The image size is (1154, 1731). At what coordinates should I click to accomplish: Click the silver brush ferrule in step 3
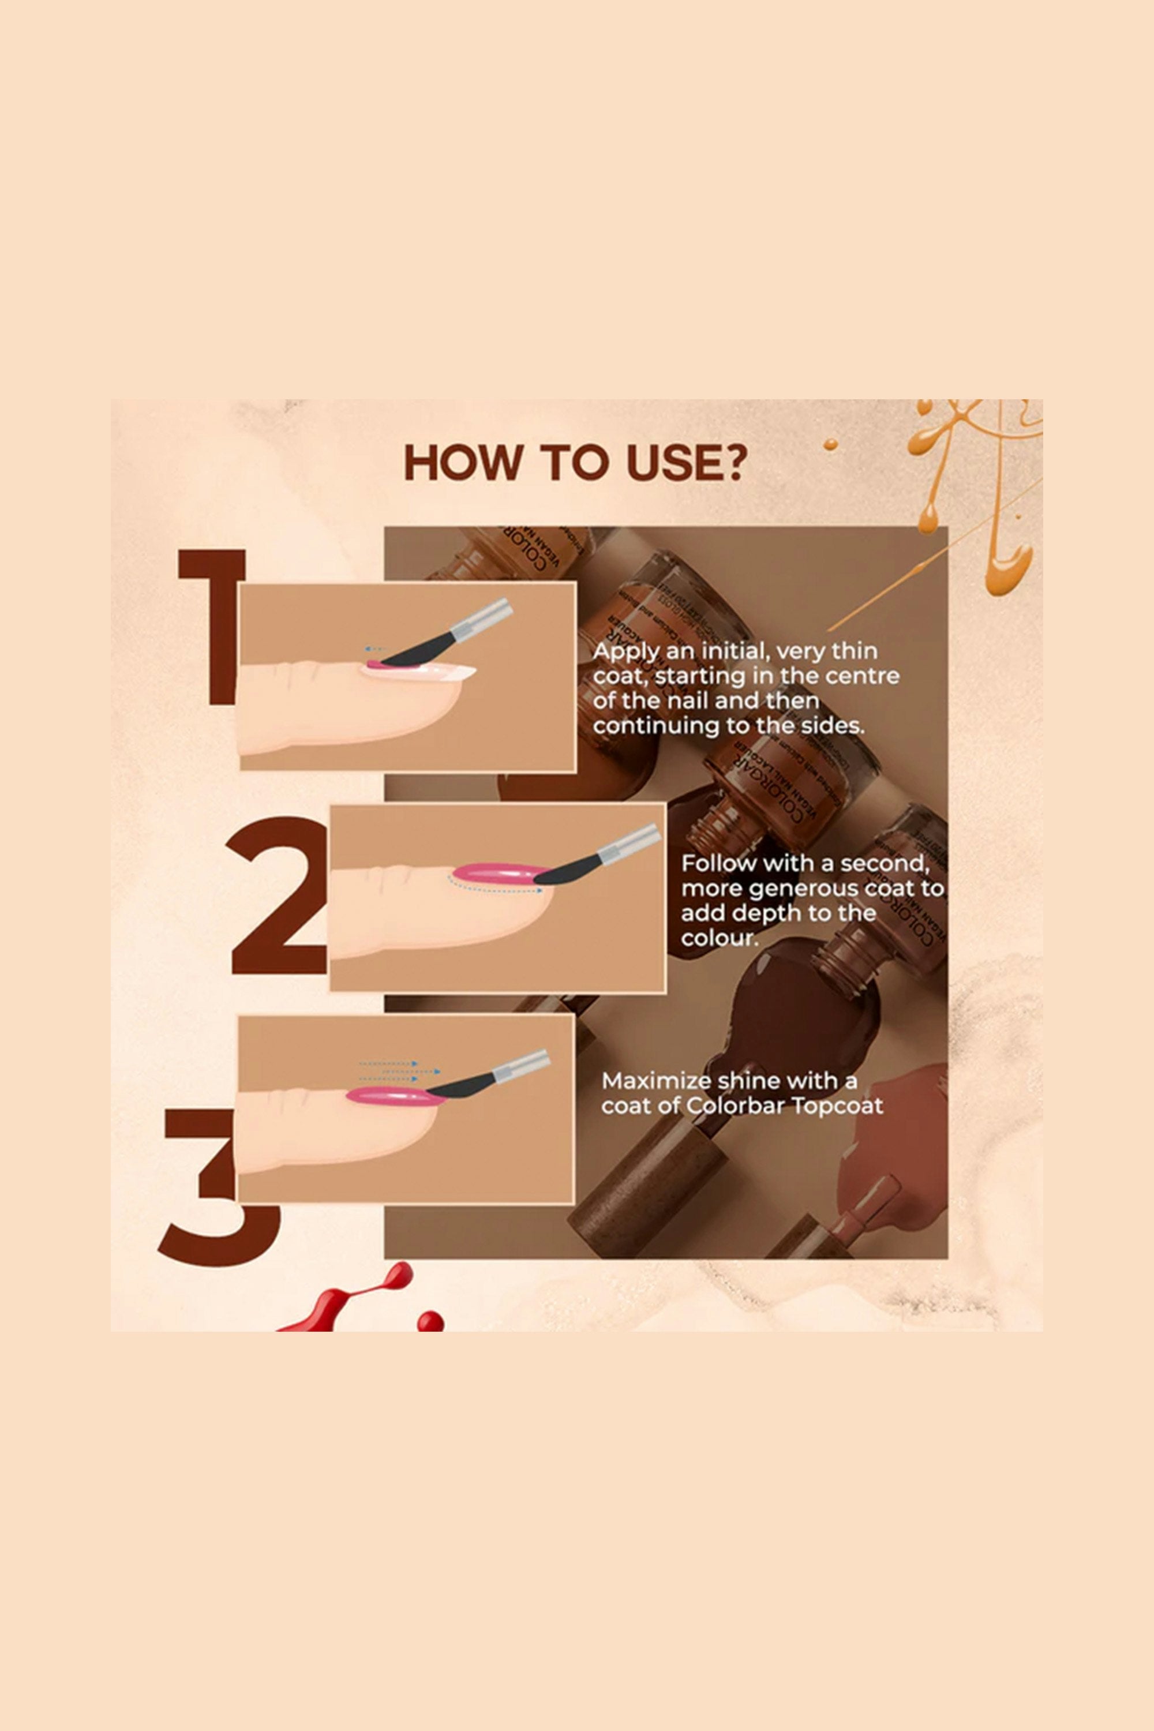click(521, 1066)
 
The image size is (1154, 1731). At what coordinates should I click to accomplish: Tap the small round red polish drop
click(430, 1321)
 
